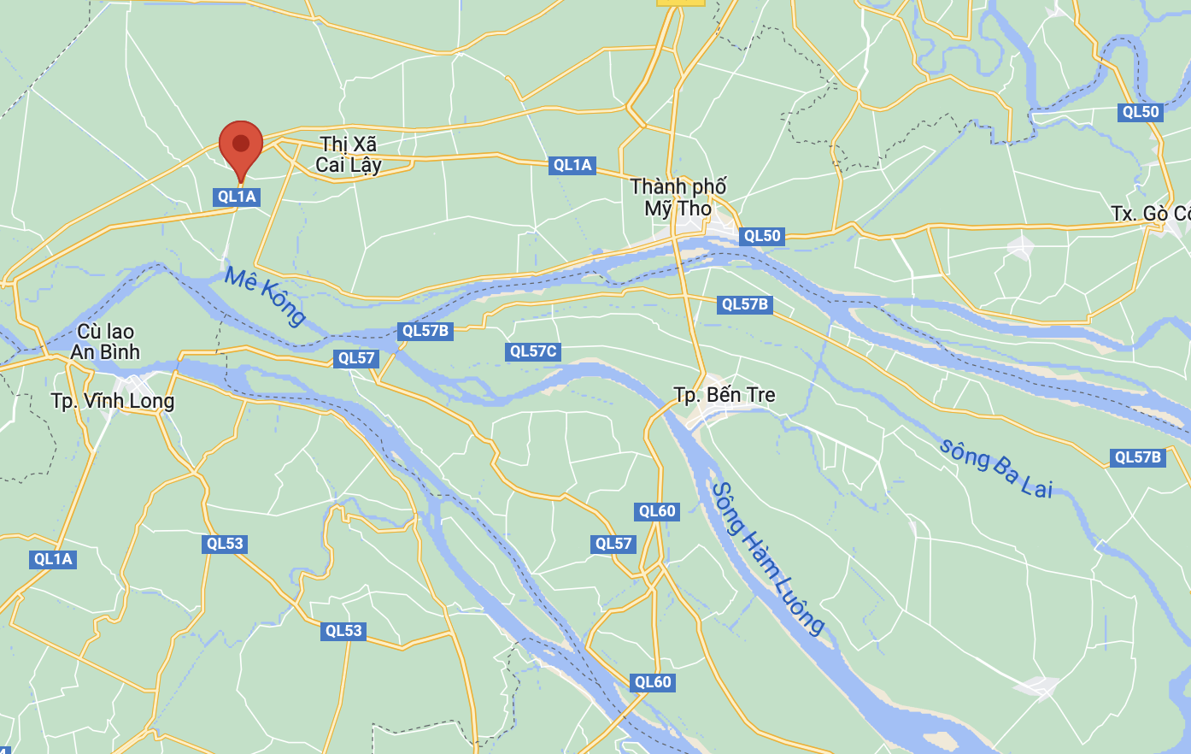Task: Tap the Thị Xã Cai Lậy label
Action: tap(348, 155)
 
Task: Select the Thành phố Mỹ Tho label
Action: tap(678, 197)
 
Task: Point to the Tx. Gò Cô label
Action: tap(1150, 213)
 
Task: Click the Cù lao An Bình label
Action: tap(105, 342)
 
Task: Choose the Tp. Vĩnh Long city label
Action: tap(113, 401)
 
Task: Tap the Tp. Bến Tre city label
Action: tap(725, 395)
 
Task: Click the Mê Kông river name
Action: tap(265, 296)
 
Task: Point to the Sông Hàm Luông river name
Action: tap(768, 558)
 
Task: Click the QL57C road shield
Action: tap(533, 351)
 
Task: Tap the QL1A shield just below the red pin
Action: tap(237, 197)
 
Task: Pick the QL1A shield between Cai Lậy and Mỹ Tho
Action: tap(572, 165)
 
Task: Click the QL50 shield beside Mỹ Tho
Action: tap(761, 236)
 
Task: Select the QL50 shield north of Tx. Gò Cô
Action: tap(1141, 112)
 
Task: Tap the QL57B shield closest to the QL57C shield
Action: tap(425, 331)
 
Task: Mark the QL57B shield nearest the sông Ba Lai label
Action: tap(1138, 457)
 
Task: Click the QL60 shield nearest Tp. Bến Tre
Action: tap(657, 511)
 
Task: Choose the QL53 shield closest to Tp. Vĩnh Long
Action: tap(225, 544)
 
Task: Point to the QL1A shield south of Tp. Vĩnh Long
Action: tap(53, 559)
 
